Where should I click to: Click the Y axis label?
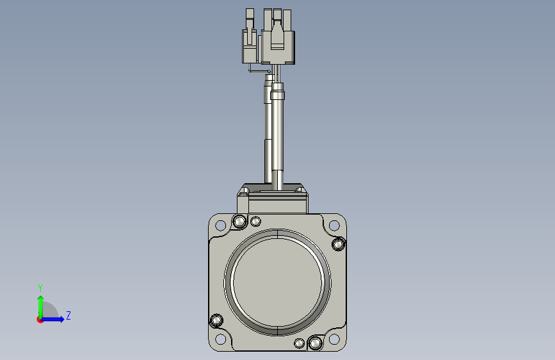coord(40,288)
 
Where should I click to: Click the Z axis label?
coord(68,315)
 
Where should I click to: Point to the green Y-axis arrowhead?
coord(41,299)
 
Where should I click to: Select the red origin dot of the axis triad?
coord(40,320)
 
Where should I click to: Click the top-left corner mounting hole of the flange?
coord(220,225)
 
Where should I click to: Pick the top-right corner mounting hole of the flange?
coord(334,225)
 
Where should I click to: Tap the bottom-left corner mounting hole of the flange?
coord(220,339)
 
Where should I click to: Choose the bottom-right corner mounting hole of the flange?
coord(334,339)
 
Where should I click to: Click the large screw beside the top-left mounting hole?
coord(239,222)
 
